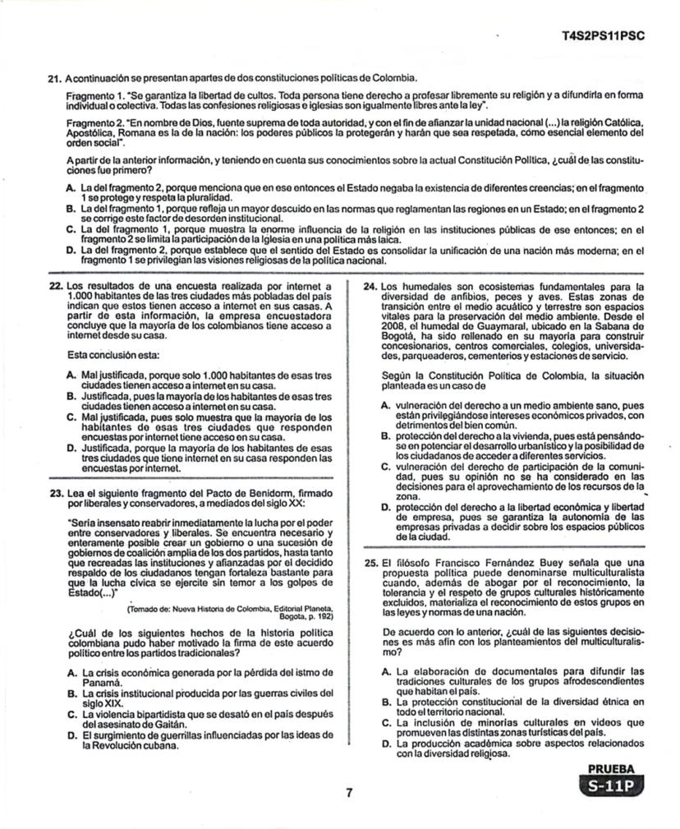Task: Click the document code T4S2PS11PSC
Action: (x=604, y=36)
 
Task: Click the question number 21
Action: (x=54, y=78)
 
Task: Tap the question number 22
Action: (x=55, y=285)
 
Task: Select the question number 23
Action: (x=55, y=494)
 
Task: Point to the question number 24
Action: (x=370, y=285)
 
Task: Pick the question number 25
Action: (x=370, y=563)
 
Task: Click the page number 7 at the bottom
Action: (x=348, y=793)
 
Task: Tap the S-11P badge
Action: (x=610, y=786)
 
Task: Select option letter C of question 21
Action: (x=71, y=229)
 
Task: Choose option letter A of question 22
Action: (x=71, y=375)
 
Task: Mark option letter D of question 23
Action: (x=71, y=735)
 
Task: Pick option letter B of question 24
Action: (x=386, y=436)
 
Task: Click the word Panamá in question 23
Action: (x=102, y=682)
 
